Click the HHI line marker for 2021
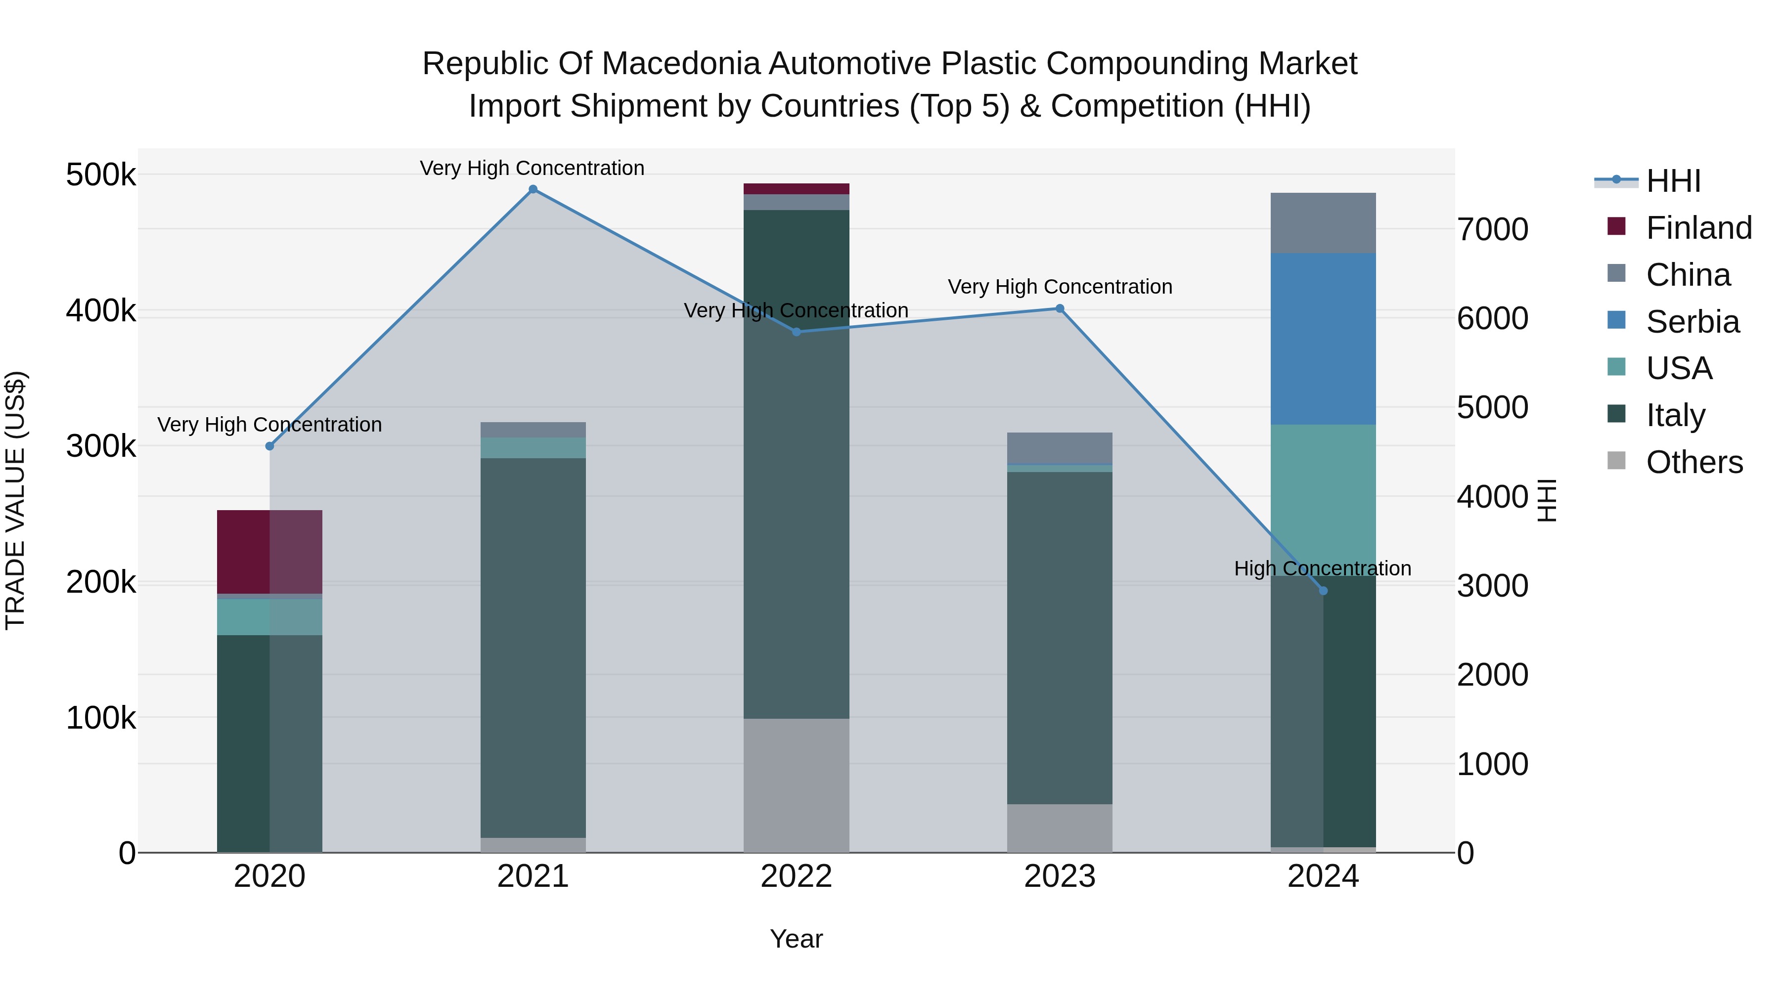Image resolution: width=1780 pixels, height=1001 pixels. click(x=533, y=189)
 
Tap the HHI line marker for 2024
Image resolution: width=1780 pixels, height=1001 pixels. click(x=1323, y=591)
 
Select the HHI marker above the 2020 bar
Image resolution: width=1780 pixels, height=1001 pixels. click(x=269, y=446)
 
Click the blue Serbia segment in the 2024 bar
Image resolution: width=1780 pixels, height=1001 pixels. click(x=1323, y=339)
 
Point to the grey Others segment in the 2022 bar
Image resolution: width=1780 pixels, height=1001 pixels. click(x=796, y=785)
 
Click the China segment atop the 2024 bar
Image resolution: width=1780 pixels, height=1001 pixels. click(x=1323, y=222)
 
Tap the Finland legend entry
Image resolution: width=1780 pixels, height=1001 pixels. click(x=1698, y=228)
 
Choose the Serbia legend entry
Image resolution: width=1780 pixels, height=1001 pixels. click(x=1692, y=322)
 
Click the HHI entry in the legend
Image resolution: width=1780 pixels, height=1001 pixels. click(x=1673, y=181)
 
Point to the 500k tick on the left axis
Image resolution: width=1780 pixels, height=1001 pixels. click(x=101, y=175)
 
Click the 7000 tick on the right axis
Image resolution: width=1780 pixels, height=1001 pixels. click(x=1493, y=229)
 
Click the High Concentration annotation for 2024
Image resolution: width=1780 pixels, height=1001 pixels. click(x=1323, y=568)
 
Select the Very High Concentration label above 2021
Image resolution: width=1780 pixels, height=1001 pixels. click(x=532, y=168)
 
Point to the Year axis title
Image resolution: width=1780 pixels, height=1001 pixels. click(x=796, y=939)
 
